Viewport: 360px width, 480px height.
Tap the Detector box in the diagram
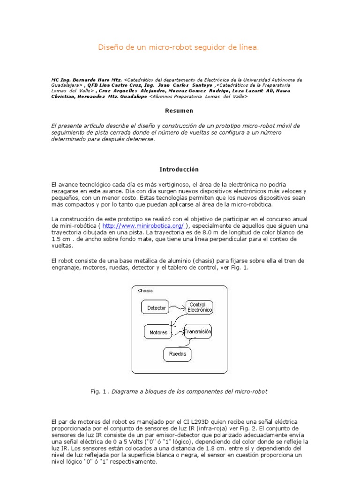pos(157,308)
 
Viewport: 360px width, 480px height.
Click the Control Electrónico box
pos(200,307)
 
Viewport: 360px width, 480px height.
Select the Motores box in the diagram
pos(158,332)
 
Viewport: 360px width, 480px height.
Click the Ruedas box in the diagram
pos(177,354)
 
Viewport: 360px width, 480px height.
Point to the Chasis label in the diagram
pos(145,291)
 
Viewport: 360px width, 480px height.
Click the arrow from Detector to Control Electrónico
pos(179,306)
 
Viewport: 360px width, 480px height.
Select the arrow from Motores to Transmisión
pos(179,332)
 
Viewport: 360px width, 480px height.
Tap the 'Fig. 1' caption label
pos(98,390)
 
